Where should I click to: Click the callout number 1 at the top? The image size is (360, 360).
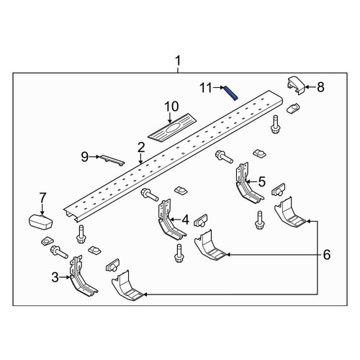point(178,61)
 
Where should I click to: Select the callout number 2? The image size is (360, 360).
point(141,148)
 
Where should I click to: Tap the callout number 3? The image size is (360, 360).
point(55,277)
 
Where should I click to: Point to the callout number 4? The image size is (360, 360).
point(185,220)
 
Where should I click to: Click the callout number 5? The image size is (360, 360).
point(262,181)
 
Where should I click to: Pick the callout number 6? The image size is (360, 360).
point(327,255)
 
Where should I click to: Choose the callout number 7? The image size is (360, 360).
point(42,198)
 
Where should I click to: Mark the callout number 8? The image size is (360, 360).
point(320,87)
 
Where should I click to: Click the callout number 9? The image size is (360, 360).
point(85,157)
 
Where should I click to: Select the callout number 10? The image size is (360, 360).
point(171,107)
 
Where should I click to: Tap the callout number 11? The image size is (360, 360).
point(207,88)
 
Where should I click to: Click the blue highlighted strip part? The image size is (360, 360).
point(230,93)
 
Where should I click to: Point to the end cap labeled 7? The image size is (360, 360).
point(41,221)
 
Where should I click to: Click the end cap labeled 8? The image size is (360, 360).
point(296,85)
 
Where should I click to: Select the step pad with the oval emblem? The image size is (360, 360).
point(172,127)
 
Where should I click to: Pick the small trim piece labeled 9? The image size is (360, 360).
point(112,160)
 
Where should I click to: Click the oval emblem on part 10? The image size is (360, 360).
point(172,127)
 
